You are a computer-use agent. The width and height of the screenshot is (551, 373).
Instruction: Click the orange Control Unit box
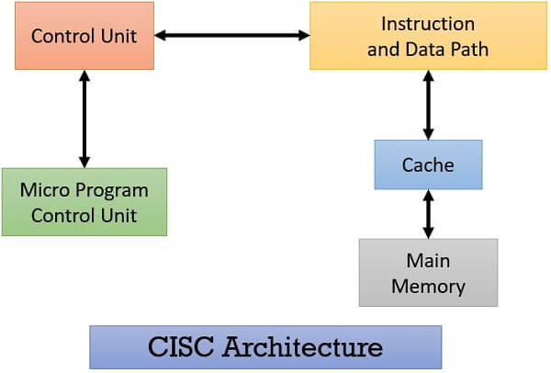84,36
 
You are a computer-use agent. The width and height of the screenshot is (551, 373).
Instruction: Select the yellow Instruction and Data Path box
428,36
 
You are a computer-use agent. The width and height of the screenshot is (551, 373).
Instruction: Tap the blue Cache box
428,164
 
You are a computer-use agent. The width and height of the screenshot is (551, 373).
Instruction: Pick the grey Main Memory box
428,273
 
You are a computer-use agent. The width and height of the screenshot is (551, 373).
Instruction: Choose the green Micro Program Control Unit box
84,202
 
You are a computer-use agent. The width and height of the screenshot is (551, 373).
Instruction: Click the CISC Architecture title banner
265,347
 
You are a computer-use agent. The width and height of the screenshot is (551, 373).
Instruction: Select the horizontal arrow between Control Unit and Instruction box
232,35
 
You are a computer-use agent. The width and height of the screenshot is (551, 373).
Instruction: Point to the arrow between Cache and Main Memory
428,214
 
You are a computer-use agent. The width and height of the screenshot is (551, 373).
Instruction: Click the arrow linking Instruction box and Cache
428,105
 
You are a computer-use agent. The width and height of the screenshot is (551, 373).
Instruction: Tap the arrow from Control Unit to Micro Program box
84,119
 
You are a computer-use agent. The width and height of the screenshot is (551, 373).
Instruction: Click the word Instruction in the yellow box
428,24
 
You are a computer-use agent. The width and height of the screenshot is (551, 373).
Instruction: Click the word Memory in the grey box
428,287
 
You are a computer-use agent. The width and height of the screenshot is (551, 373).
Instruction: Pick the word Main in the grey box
428,261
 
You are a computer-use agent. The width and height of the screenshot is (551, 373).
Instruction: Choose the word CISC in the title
181,347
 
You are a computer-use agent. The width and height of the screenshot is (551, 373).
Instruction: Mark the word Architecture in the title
302,347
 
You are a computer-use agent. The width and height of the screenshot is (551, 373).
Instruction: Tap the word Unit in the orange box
118,36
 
